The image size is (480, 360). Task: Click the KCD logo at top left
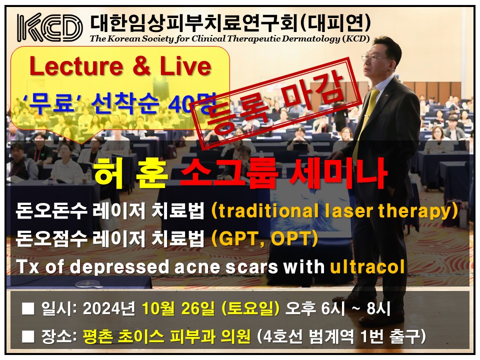[49, 27]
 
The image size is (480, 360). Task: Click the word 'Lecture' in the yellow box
[77, 66]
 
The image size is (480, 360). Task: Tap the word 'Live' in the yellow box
[185, 66]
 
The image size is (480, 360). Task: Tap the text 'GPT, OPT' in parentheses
[264, 239]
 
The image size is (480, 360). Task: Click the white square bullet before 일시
[28, 308]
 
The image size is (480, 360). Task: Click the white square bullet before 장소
[28, 336]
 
